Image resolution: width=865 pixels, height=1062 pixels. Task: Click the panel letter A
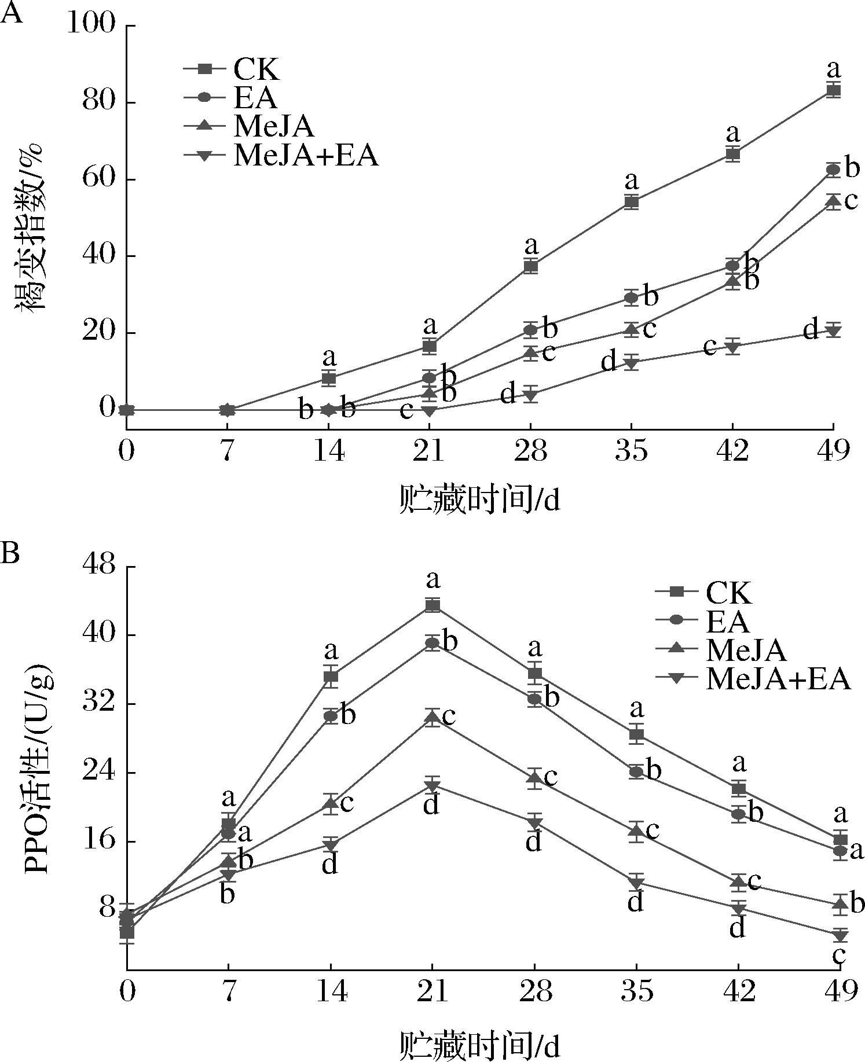point(13,13)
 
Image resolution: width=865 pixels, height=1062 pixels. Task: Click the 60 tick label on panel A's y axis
point(100,179)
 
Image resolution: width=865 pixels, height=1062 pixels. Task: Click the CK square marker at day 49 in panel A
point(833,90)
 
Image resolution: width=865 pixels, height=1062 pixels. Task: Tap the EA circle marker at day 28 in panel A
point(530,330)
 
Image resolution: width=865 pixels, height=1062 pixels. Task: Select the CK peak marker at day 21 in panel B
point(432,605)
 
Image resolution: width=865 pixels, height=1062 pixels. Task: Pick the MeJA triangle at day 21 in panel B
point(432,718)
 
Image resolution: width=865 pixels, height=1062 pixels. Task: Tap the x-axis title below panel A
point(480,499)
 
